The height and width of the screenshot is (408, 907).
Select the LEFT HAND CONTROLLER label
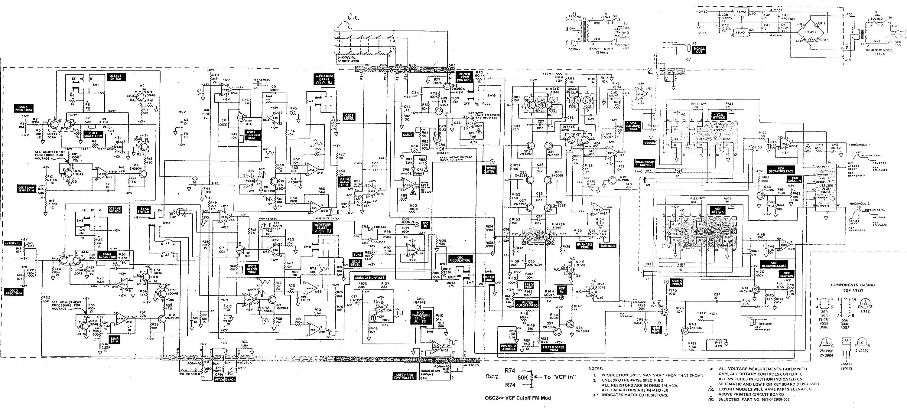404,377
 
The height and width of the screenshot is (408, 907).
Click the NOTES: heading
596,369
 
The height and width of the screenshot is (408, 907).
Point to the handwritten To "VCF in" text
560,377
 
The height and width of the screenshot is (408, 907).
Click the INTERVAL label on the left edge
12,243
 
